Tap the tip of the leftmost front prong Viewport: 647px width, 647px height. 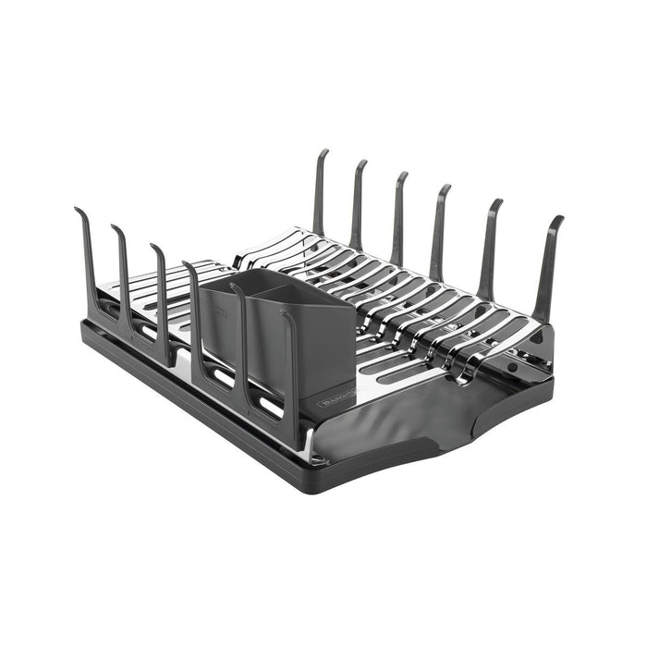[78, 211]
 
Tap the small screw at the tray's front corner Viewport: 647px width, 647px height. [318, 458]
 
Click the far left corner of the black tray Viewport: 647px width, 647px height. [85, 325]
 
